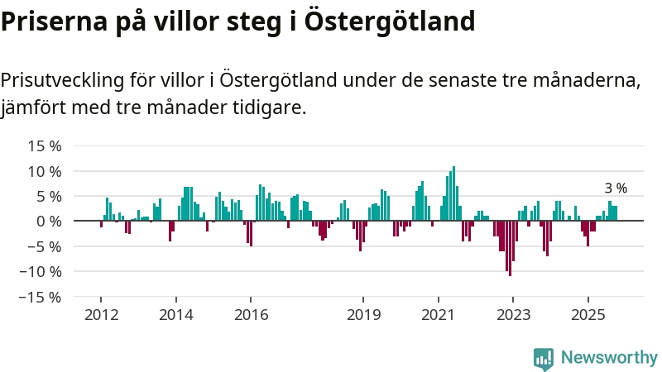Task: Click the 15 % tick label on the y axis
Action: coord(45,146)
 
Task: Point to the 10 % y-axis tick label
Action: coord(45,171)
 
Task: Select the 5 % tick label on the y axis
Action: coord(49,196)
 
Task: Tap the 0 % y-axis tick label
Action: coord(49,221)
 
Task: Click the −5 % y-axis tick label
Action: coord(45,246)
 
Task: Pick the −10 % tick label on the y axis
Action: coord(41,271)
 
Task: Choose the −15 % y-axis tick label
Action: coord(41,296)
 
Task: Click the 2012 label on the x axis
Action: coord(101,315)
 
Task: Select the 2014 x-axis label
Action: coord(175,315)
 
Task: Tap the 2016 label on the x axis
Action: coord(251,315)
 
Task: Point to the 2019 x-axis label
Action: coord(363,315)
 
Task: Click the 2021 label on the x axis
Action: coord(438,315)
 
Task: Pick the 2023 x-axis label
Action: coord(513,315)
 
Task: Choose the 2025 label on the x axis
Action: coord(588,315)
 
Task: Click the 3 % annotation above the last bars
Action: coord(616,188)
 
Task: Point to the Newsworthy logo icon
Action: coord(544,358)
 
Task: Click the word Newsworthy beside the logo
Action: coord(609,358)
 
